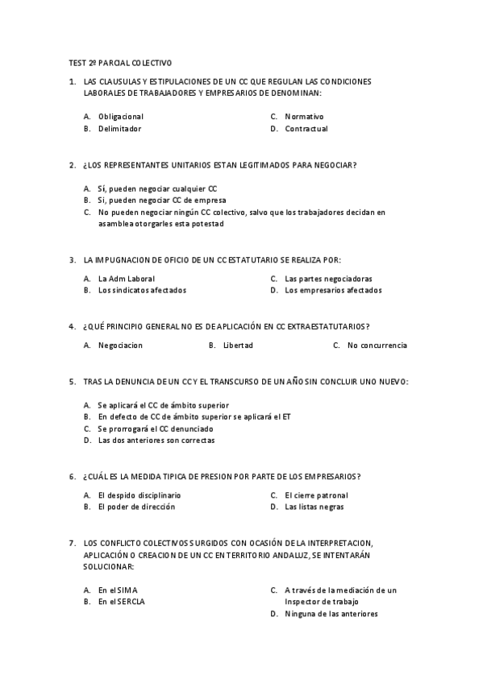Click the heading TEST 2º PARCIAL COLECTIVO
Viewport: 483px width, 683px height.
(x=120, y=62)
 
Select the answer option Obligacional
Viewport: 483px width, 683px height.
(x=120, y=116)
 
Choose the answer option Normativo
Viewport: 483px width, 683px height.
(x=304, y=116)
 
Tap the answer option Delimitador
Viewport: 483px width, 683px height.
(x=119, y=128)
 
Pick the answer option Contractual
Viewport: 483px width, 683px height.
(x=306, y=128)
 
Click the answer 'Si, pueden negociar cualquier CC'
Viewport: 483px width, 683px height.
(x=157, y=188)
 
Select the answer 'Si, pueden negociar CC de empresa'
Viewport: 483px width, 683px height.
(x=161, y=200)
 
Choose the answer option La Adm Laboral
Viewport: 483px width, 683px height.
(x=126, y=279)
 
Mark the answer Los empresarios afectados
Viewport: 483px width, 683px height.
(x=333, y=290)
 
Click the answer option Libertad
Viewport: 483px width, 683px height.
(x=238, y=346)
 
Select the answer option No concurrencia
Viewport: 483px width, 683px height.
(x=377, y=346)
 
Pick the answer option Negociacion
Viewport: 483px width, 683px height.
(x=120, y=346)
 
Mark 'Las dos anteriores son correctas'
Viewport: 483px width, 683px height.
(x=156, y=441)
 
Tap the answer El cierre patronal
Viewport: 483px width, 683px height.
(x=316, y=495)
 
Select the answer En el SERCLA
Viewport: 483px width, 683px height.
(x=122, y=601)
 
